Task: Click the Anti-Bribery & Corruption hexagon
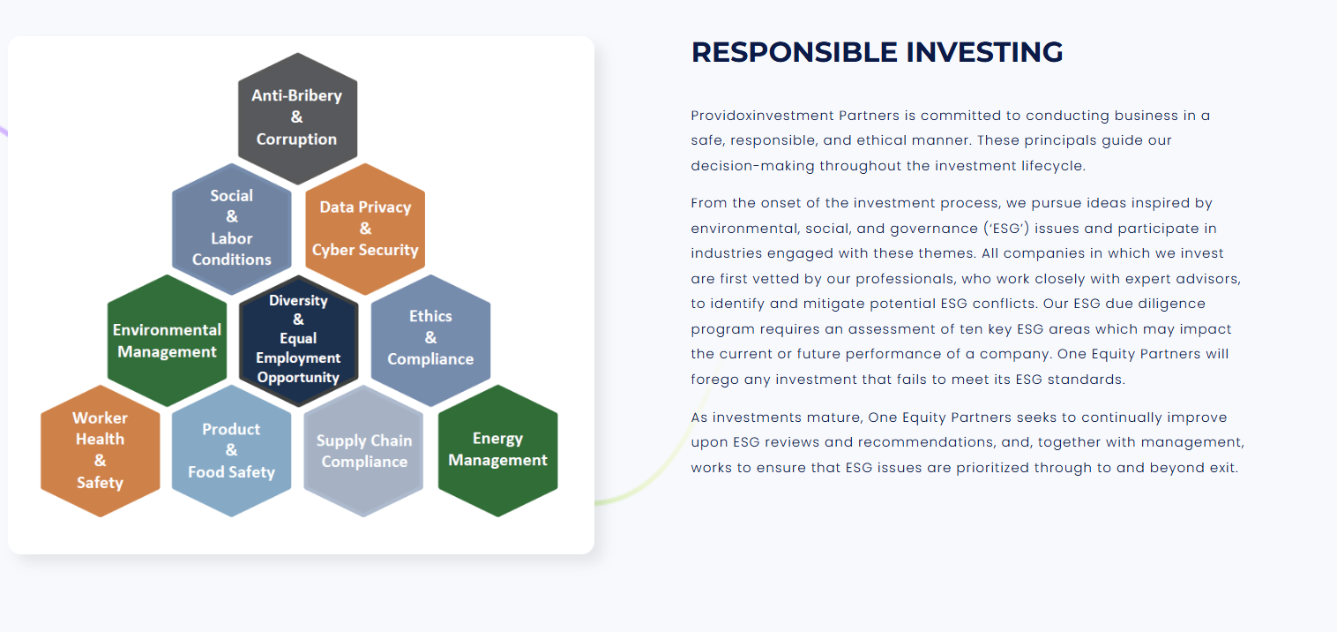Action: (297, 118)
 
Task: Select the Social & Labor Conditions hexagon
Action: (232, 229)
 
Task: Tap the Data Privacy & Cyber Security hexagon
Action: (365, 229)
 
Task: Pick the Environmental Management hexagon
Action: (168, 341)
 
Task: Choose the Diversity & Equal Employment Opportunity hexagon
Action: (298, 341)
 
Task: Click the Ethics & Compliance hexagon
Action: (430, 341)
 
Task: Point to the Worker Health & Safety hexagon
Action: (101, 450)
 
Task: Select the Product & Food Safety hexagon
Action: (232, 450)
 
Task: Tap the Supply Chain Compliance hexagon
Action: (363, 450)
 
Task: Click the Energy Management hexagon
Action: (497, 450)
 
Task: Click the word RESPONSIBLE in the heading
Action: (794, 53)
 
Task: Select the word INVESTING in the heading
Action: (984, 53)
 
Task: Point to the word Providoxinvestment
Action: (762, 116)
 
